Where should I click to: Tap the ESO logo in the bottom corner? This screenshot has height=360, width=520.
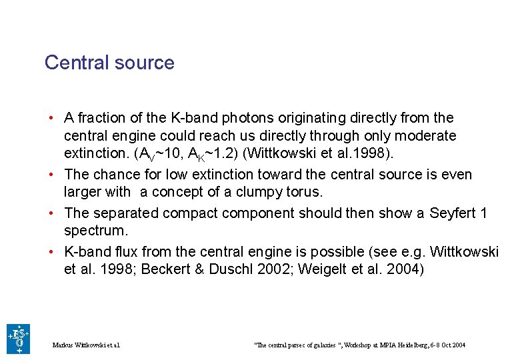pyautogui.click(x=18, y=339)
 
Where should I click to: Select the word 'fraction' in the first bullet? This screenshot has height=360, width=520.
pyautogui.click(x=101, y=118)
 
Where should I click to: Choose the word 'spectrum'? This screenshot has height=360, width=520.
pyautogui.click(x=95, y=231)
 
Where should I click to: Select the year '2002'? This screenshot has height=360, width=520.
pyautogui.click(x=277, y=270)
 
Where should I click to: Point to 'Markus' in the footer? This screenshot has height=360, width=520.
pyautogui.click(x=63, y=345)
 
